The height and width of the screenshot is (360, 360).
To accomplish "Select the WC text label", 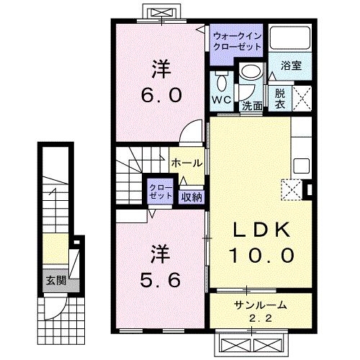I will (x=221, y=99).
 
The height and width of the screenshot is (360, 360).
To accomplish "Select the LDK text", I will (x=261, y=230).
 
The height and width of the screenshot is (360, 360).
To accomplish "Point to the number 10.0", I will (x=261, y=255).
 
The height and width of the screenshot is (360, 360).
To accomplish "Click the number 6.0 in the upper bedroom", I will (x=161, y=94).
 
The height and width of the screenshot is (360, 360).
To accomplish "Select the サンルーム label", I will (x=261, y=305).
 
